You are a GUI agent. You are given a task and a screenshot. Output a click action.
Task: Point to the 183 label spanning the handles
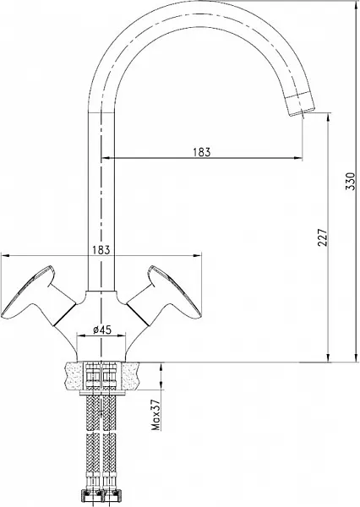pyautogui.click(x=100, y=250)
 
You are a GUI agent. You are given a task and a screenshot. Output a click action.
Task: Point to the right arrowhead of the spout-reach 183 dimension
pyautogui.click(x=300, y=158)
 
